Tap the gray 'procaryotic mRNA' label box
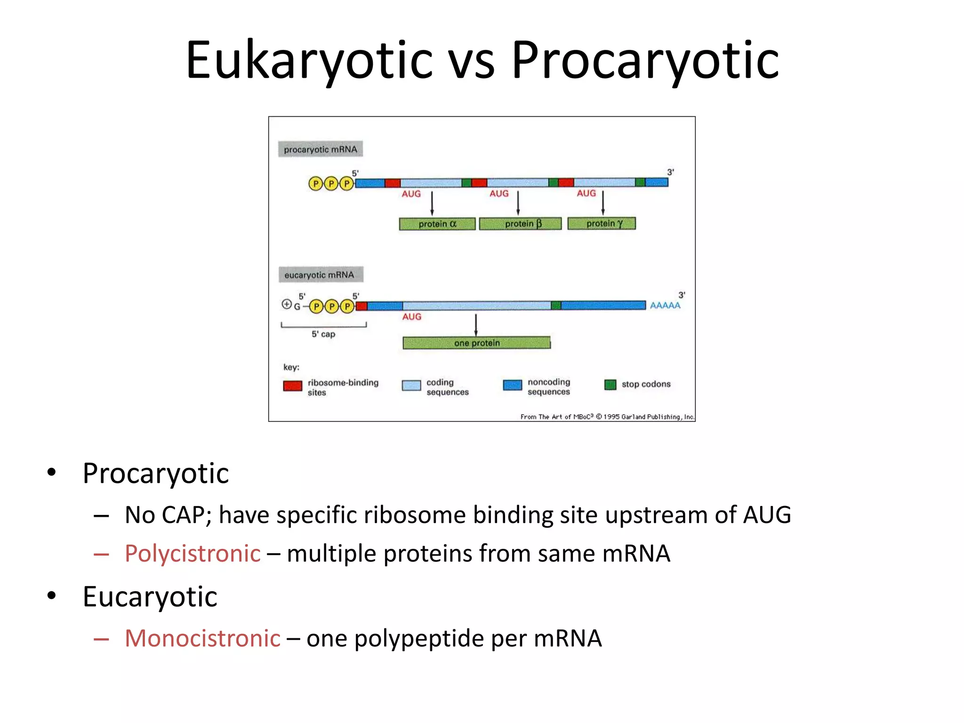(x=320, y=149)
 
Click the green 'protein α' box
(x=437, y=224)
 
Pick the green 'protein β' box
(x=520, y=224)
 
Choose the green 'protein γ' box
(x=602, y=223)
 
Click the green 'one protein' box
(x=476, y=343)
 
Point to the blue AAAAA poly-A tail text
(x=665, y=305)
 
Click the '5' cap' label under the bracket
(x=323, y=334)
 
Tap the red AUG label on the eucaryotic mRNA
(x=411, y=317)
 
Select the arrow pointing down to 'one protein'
(x=476, y=325)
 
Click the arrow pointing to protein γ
(x=603, y=202)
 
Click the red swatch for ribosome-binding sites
(x=292, y=386)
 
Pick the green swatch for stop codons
(x=610, y=385)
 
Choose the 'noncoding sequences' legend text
(x=548, y=386)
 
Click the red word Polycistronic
(x=192, y=554)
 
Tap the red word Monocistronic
(x=202, y=639)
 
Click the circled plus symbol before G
(x=286, y=305)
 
